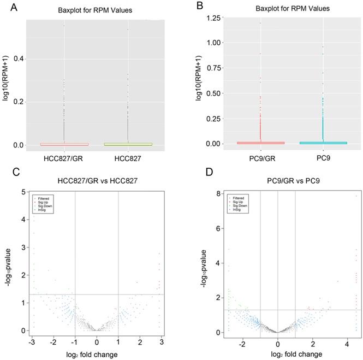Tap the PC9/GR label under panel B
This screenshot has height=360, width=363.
[x=261, y=158]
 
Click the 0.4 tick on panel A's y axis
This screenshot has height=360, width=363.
[x=18, y=58]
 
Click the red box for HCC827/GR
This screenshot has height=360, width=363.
[x=64, y=144]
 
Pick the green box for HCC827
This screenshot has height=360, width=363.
[x=128, y=144]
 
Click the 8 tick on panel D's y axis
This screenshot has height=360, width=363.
[x=218, y=193]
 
